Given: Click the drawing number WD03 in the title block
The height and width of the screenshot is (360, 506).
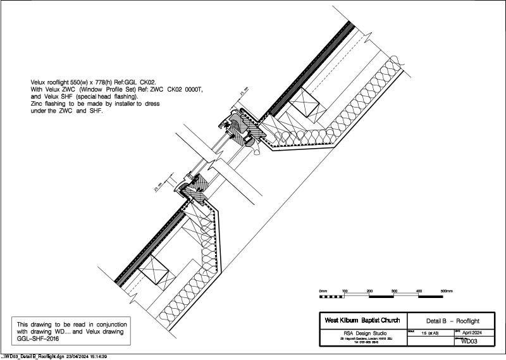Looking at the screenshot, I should click(469, 342).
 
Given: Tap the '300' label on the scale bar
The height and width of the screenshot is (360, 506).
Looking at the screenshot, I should click(394, 290).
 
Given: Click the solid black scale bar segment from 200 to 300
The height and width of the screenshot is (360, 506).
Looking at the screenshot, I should click(381, 295).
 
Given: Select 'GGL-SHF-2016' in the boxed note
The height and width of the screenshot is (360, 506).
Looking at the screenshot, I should click(33, 338).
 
